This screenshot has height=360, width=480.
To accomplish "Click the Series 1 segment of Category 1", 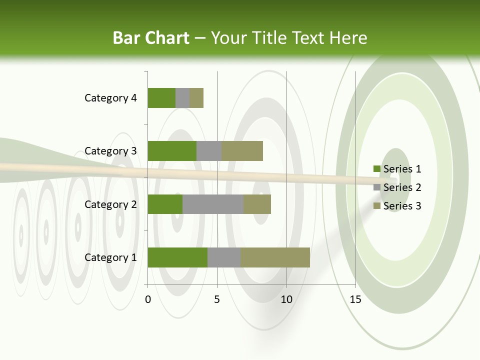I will tap(177, 257).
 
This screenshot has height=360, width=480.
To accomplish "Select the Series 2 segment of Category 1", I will tap(224, 257).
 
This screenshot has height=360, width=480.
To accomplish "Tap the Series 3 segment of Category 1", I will tap(275, 257).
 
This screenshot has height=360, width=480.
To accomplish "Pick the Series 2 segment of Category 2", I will tap(213, 204).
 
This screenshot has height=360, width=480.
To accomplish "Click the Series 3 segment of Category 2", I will tap(257, 204).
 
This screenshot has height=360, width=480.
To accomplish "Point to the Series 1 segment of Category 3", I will tap(172, 151).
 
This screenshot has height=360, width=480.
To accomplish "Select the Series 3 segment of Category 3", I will tap(242, 151).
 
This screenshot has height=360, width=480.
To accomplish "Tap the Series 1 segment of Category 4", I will tap(161, 98).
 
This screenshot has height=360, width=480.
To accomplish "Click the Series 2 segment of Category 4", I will tap(182, 98).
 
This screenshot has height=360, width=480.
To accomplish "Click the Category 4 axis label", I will tap(110, 98).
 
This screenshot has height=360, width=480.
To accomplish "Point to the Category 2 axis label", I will tap(110, 204).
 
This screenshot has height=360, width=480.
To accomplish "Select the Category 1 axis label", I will tap(110, 257).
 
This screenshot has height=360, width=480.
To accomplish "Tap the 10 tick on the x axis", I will tap(286, 299).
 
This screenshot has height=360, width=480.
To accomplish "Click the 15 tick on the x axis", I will tap(355, 299).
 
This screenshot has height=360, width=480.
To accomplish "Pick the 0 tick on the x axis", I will tap(148, 299).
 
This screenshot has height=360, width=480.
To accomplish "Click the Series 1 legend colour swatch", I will tap(376, 169).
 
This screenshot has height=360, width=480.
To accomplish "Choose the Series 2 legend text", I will tap(402, 187).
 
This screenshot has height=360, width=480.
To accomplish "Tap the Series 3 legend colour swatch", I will tap(376, 206).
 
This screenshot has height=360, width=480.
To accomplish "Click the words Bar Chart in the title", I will tap(151, 38).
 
